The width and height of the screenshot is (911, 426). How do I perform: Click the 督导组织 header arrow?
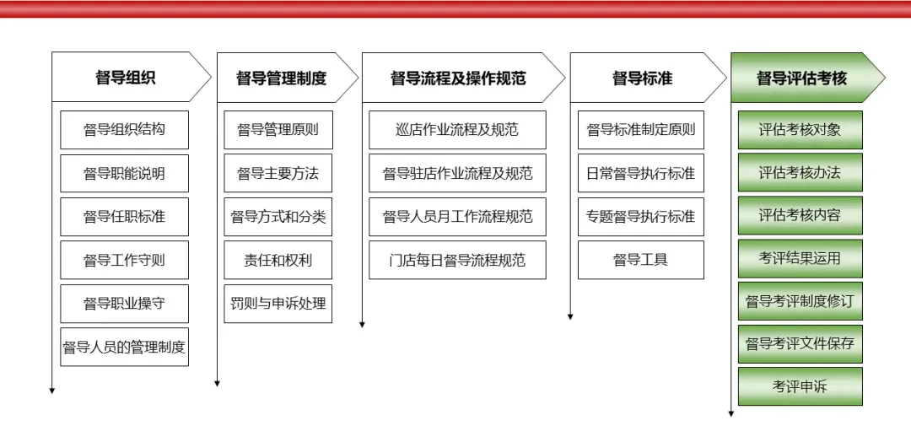click(126, 78)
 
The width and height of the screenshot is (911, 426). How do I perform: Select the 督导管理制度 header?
click(282, 78)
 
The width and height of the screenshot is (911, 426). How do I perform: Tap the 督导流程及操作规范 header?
click(458, 78)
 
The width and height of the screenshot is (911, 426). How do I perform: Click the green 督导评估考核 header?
click(801, 78)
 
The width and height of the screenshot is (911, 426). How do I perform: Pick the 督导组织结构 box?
click(124, 130)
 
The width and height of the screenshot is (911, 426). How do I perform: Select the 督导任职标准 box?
click(124, 217)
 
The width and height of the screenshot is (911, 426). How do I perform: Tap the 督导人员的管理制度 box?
click(124, 347)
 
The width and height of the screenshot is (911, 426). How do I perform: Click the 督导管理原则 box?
click(278, 130)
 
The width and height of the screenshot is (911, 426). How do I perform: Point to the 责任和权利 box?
click(278, 260)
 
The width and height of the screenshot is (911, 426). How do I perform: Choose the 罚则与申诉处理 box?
click(278, 303)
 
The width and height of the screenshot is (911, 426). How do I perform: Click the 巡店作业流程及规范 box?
click(457, 130)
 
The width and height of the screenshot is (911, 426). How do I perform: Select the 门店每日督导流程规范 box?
click(457, 260)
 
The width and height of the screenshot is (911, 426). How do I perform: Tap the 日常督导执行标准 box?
click(641, 173)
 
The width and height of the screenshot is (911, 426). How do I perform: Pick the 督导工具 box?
click(641, 260)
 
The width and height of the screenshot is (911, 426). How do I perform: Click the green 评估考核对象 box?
click(800, 130)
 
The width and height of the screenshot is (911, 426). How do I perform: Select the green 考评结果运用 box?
click(800, 258)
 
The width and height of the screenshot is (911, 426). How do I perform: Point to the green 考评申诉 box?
click(800, 386)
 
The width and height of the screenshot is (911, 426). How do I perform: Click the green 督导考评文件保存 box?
click(800, 343)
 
